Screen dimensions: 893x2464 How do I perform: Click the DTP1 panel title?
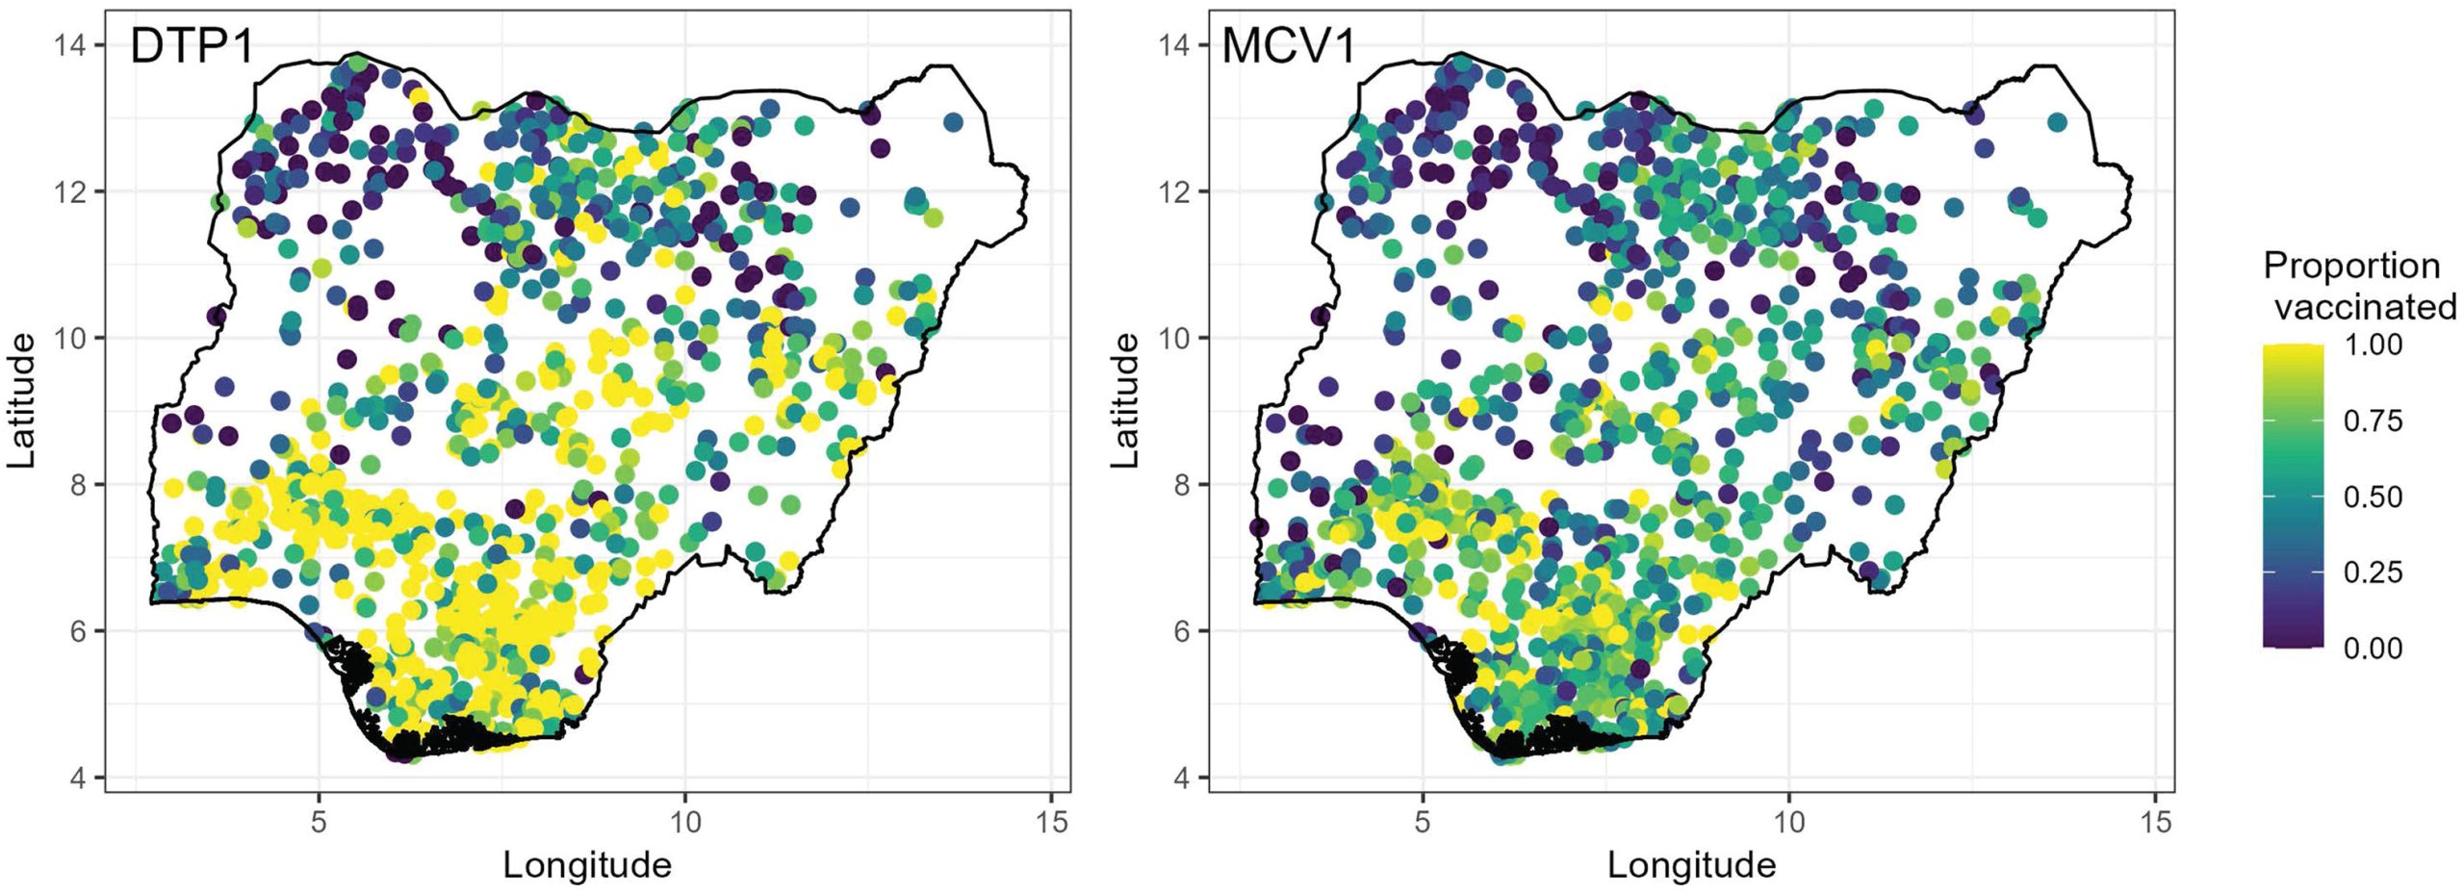click(x=192, y=46)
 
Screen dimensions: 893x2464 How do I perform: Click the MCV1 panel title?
click(x=1288, y=46)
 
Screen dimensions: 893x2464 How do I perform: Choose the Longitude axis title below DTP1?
click(x=587, y=865)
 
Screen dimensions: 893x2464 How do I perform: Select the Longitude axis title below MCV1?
click(x=1691, y=865)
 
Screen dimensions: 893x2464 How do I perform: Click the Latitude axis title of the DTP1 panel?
click(x=23, y=400)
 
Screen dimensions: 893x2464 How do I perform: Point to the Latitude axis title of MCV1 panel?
click(x=1126, y=400)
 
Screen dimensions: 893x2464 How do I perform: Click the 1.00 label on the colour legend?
click(x=2373, y=344)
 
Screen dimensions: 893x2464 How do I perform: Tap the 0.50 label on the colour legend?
click(x=2373, y=497)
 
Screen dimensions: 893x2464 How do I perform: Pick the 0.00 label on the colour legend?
click(x=2373, y=649)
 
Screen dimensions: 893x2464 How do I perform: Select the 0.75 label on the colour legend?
click(x=2373, y=421)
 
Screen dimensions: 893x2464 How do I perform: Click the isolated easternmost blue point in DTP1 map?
click(x=953, y=122)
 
